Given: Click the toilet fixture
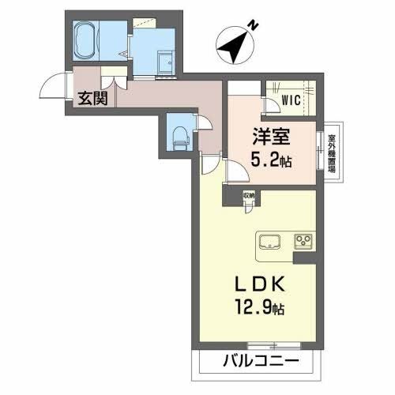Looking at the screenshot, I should coord(179,135).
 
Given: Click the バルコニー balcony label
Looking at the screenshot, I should coord(260,362).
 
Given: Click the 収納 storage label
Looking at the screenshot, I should coord(248,194).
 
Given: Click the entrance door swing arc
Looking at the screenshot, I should coord(54,85).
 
